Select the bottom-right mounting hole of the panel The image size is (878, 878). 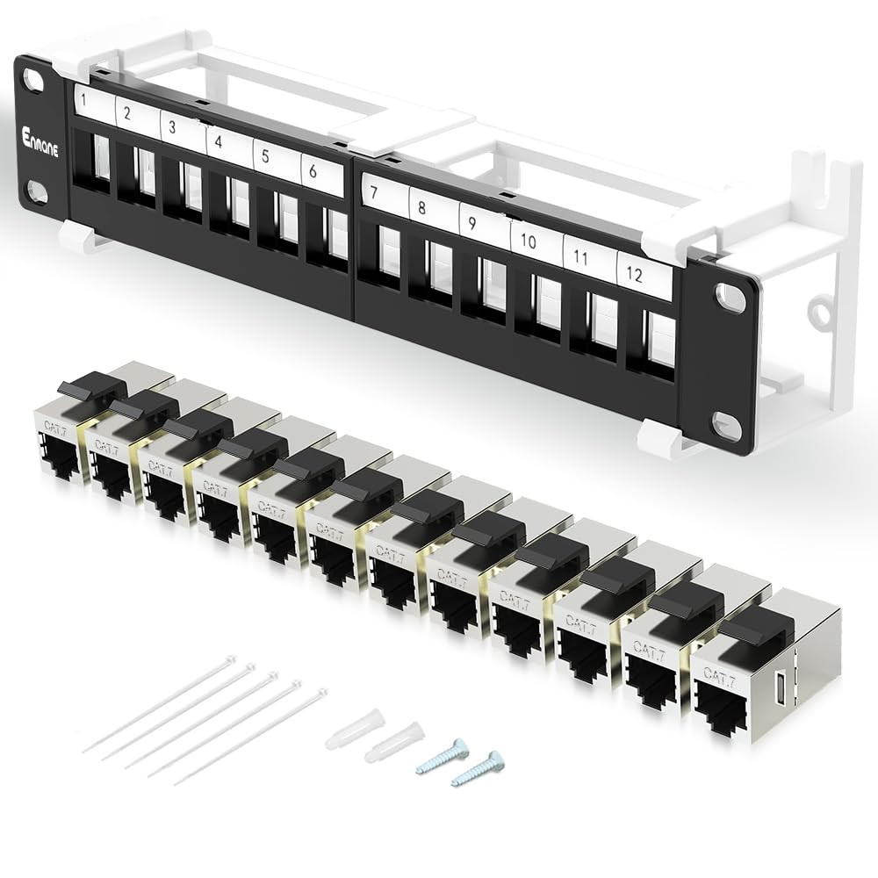point(728,423)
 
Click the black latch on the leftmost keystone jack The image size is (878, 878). point(92,385)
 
